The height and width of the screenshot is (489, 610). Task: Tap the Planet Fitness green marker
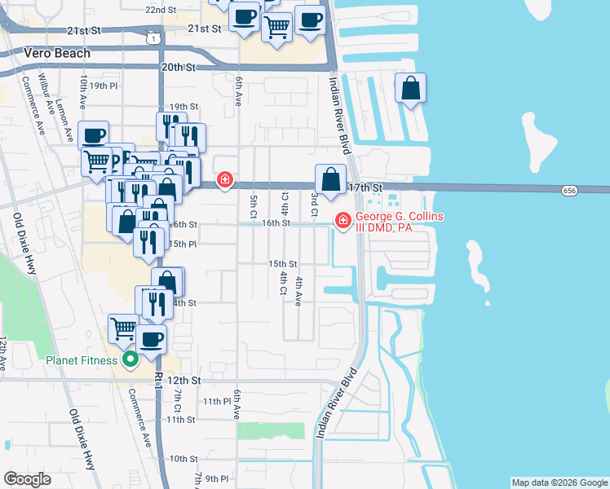point(129,359)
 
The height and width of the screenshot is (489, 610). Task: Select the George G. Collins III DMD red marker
point(343,219)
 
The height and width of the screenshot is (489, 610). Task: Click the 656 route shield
point(570,190)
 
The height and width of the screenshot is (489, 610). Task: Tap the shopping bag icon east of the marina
point(410,88)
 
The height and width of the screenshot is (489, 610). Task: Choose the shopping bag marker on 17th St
point(330,179)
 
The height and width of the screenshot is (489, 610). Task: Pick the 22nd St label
point(161,10)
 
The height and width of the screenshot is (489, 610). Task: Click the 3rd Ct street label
point(314,200)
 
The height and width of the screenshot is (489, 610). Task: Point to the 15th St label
point(283,264)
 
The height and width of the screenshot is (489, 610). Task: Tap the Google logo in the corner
point(27,479)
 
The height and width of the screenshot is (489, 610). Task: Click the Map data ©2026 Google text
point(559,482)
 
